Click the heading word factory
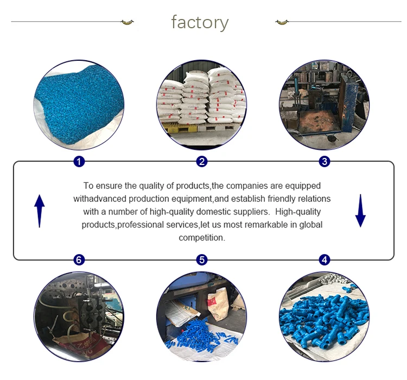pos(200,22)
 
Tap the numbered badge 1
pos(79,161)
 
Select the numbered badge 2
pos(202,161)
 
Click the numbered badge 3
pos(325,161)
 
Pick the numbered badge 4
pos(325,259)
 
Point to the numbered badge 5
pos(202,259)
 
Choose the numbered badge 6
pos(79,259)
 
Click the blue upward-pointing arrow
pos(40,211)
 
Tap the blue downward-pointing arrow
pos(360,211)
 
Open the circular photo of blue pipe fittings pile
pos(325,316)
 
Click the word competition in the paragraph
pos(202,238)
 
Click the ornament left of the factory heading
pos(127,22)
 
